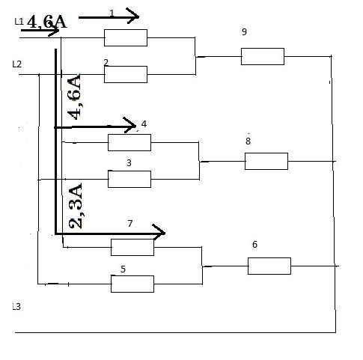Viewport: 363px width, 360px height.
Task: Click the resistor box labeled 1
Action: (126, 37)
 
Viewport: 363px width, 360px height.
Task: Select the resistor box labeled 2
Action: (126, 74)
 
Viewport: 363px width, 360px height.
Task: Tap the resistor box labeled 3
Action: (129, 179)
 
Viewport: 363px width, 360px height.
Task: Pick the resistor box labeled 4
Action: (129, 142)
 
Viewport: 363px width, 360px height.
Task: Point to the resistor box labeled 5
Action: (132, 284)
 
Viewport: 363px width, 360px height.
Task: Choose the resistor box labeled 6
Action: (269, 266)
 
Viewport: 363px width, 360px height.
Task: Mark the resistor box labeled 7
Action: (132, 247)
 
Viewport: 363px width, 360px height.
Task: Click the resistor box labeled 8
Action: (266, 161)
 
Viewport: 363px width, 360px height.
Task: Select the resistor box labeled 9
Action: (263, 56)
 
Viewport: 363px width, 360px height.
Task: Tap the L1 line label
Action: (19, 22)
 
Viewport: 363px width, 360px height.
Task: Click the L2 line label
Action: (16, 64)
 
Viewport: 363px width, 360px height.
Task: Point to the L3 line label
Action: (16, 307)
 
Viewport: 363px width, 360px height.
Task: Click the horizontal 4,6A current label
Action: (46, 22)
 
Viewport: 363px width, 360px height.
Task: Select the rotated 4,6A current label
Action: (75, 96)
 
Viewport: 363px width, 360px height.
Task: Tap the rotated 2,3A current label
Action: (76, 206)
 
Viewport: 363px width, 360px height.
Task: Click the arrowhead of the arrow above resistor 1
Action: (132, 16)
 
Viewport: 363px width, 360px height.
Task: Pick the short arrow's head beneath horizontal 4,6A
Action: (54, 31)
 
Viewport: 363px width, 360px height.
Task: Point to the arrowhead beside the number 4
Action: (129, 125)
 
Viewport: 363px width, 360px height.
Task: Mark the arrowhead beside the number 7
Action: (159, 232)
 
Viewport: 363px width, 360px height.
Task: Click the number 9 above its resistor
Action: (244, 31)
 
